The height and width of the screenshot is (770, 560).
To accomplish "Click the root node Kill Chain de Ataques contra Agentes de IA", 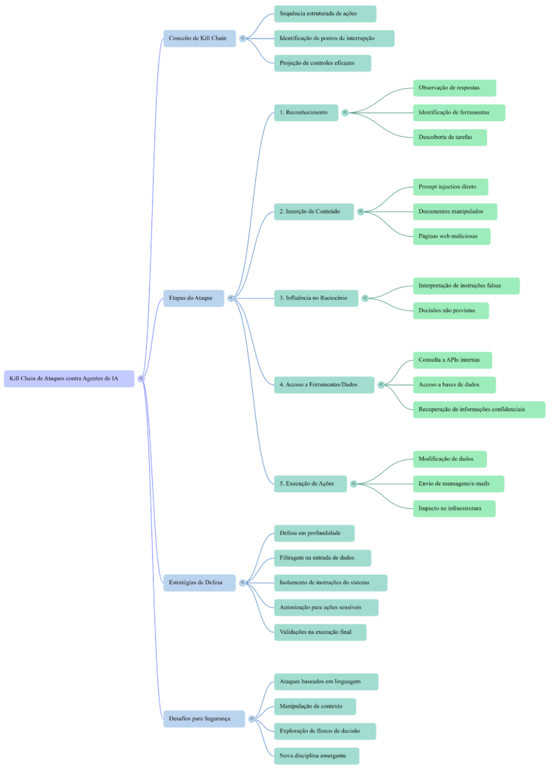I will [x=68, y=378].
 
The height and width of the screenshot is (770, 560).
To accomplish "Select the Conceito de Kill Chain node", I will [x=199, y=38].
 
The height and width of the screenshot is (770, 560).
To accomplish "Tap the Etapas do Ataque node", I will [x=193, y=298].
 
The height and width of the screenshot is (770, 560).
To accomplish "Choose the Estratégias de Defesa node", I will [x=199, y=582].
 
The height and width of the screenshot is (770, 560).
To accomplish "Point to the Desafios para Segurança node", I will [x=203, y=718].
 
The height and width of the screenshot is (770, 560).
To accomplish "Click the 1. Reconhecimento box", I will [x=306, y=112].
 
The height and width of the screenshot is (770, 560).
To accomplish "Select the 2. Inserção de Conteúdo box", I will [x=314, y=211].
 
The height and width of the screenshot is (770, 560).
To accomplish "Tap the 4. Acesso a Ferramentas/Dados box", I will [x=324, y=384].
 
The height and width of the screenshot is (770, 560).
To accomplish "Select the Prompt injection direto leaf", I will [x=450, y=186].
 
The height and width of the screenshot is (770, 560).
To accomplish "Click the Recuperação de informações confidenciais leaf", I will [x=479, y=409].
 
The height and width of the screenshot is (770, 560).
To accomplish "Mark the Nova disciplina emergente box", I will [x=316, y=755].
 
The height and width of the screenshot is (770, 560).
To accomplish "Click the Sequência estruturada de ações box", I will [x=324, y=14].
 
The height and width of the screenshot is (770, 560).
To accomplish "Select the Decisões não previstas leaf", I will [x=451, y=310].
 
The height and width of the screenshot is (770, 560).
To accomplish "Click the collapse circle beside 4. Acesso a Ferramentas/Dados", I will [x=381, y=384].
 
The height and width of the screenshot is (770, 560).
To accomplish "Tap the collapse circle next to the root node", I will [x=141, y=378].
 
